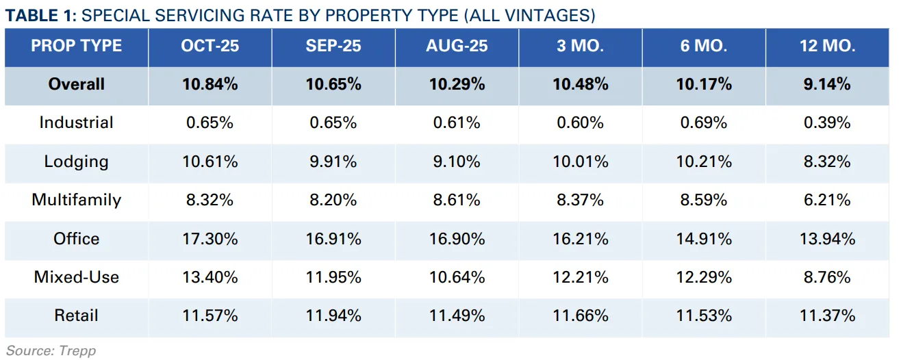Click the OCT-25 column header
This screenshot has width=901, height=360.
[210, 46]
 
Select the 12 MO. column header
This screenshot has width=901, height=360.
[827, 46]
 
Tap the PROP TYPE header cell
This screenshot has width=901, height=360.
[76, 46]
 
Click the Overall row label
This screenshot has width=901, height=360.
[76, 84]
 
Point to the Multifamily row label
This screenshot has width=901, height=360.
[76, 200]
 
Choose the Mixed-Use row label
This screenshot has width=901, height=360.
[76, 277]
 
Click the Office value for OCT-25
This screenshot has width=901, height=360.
[210, 239]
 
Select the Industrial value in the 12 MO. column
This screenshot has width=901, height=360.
[827, 123]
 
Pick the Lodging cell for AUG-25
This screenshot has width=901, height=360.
[457, 162]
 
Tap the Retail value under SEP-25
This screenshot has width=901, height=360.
[333, 316]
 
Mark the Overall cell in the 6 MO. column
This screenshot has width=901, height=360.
[704, 84]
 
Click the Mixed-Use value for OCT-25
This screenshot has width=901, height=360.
[210, 277]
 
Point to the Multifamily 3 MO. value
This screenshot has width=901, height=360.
[581, 200]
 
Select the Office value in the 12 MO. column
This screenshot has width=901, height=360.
[827, 239]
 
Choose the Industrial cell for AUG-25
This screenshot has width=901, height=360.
[457, 123]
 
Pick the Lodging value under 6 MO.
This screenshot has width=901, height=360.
[704, 162]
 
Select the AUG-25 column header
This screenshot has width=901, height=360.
[457, 46]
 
